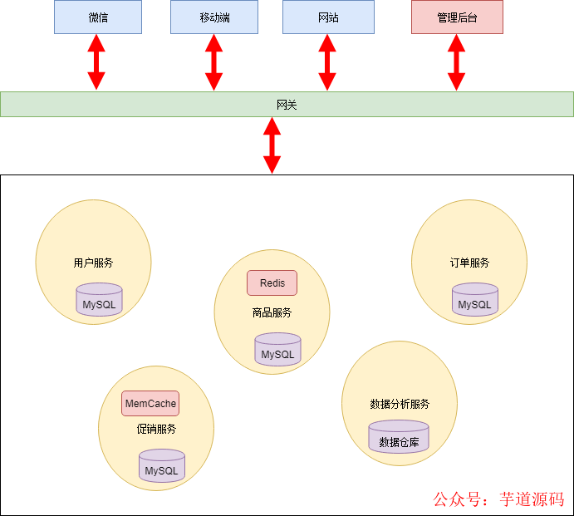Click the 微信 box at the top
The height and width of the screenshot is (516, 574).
[x=98, y=17]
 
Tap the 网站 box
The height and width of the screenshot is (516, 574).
[x=328, y=17]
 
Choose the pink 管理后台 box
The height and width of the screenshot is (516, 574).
[x=457, y=17]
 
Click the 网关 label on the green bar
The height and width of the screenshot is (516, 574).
[x=287, y=105]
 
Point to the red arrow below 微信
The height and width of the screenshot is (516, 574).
[x=97, y=63]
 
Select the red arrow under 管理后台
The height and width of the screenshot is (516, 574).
[x=456, y=63]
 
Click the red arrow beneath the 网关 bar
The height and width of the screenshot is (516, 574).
[x=272, y=145]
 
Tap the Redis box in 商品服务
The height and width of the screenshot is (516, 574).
[x=272, y=283]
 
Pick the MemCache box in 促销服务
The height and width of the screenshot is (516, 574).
[x=150, y=404]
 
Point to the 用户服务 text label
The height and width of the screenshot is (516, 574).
[x=93, y=263]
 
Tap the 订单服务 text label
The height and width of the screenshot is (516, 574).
[x=469, y=263]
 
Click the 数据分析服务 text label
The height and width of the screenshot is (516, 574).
[x=400, y=404]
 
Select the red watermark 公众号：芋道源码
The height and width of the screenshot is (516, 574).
[x=498, y=499]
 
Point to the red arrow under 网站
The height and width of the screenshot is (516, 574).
[x=327, y=63]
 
